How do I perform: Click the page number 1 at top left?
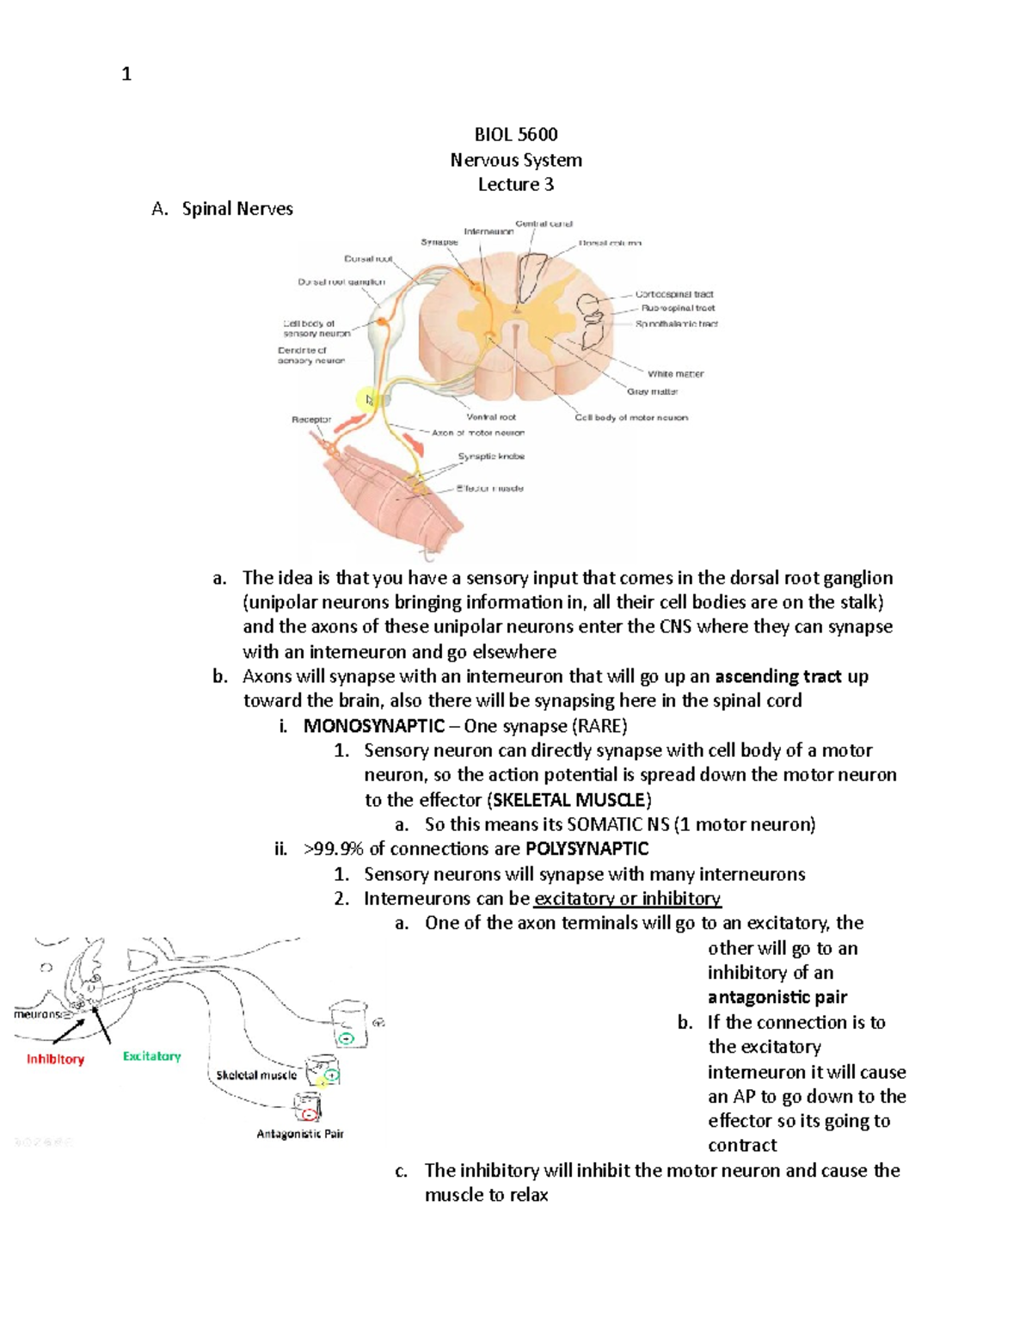(x=126, y=75)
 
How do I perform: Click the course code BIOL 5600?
(x=516, y=134)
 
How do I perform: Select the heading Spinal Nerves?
(x=237, y=209)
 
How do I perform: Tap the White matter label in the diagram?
(x=675, y=374)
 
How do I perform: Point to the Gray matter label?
(x=652, y=391)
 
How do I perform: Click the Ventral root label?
(x=491, y=417)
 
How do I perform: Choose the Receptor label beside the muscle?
(x=311, y=420)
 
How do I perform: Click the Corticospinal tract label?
(x=674, y=294)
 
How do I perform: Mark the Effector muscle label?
(x=489, y=489)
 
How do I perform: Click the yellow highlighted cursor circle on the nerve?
(x=368, y=400)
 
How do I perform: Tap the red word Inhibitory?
(x=55, y=1059)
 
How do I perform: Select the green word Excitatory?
(x=151, y=1056)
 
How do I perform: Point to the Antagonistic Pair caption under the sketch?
(x=300, y=1134)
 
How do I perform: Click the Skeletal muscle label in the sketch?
(x=256, y=1075)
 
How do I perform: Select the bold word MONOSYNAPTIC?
(x=374, y=726)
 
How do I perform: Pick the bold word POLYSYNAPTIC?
(x=587, y=849)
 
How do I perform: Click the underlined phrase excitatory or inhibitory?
(x=627, y=899)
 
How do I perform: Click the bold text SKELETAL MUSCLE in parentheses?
(x=568, y=800)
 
